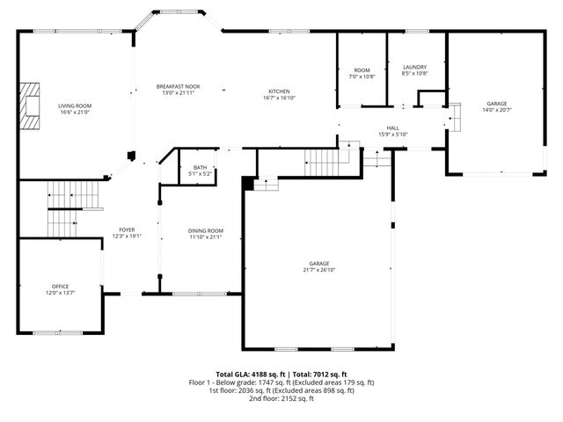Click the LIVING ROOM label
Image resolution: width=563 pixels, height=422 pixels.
76,105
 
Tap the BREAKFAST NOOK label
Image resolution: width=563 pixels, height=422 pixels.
179,86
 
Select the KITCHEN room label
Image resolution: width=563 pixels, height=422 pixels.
279,91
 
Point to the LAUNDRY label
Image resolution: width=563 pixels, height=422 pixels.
414,67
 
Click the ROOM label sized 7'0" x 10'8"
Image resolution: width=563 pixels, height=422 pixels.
362,70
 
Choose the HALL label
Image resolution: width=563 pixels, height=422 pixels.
393,127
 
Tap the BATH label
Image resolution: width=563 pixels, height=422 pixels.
200,167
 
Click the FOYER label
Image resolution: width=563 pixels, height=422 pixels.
128,229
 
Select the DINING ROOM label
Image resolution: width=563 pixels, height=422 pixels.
205,229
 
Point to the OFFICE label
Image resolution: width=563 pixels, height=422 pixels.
60,286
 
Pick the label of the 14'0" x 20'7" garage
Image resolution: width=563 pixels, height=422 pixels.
496,103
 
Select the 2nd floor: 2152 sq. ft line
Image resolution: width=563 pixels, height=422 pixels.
281,398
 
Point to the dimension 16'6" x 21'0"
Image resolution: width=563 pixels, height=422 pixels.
76,112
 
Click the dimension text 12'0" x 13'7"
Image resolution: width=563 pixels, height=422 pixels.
60,292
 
